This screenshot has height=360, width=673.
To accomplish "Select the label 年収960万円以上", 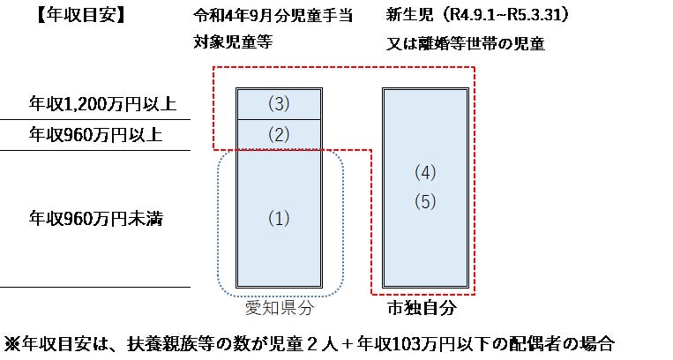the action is (96, 135).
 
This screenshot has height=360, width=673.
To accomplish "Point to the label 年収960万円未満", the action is (96, 217).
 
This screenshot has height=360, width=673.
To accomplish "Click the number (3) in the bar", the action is (278, 104).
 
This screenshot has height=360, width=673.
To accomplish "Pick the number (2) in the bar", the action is (278, 135).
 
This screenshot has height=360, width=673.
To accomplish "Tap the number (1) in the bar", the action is (278, 218).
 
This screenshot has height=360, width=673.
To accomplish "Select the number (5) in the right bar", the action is (425, 201).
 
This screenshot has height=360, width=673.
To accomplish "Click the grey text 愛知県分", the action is (279, 309).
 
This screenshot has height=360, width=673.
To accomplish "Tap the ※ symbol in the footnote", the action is (12, 344).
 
